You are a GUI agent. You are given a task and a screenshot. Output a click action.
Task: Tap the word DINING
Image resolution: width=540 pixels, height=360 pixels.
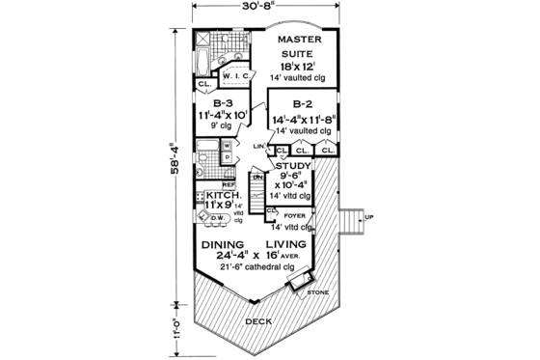point(224,245)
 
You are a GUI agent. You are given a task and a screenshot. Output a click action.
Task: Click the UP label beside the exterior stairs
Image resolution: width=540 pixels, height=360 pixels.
point(369,217)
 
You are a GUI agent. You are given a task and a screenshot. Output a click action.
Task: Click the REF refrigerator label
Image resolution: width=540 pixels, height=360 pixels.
point(229,183)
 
